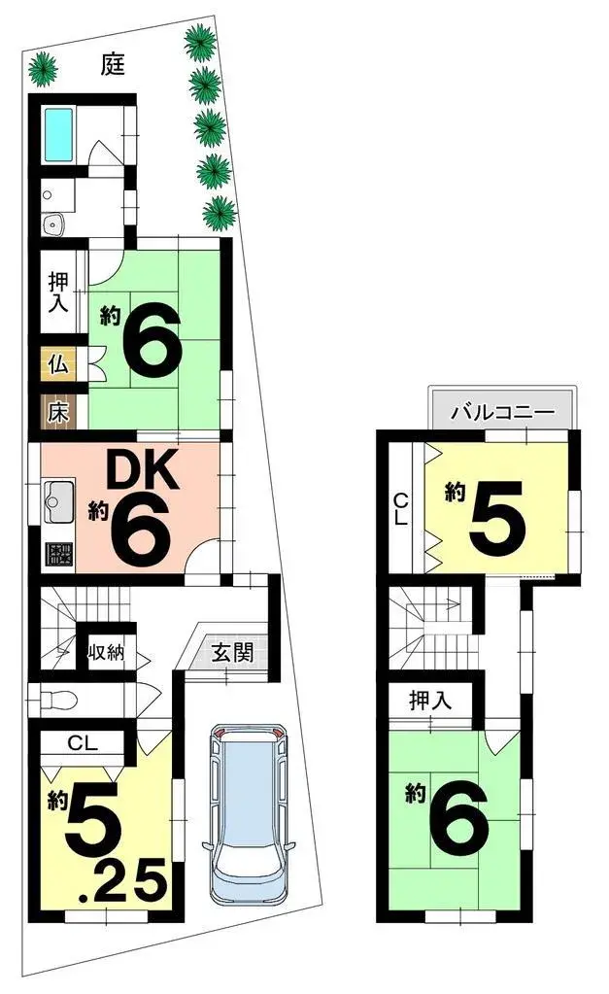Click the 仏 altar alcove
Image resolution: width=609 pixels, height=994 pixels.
tap(57, 365)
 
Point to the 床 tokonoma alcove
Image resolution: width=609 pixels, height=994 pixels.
tap(57, 411)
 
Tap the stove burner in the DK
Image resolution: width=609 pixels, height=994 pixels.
tap(59, 555)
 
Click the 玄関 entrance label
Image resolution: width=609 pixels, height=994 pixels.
tap(233, 652)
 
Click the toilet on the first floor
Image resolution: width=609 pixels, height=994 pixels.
tap(59, 698)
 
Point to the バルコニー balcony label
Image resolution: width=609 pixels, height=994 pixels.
tap(502, 413)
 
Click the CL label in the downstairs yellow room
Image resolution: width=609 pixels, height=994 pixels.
tap(82, 744)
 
